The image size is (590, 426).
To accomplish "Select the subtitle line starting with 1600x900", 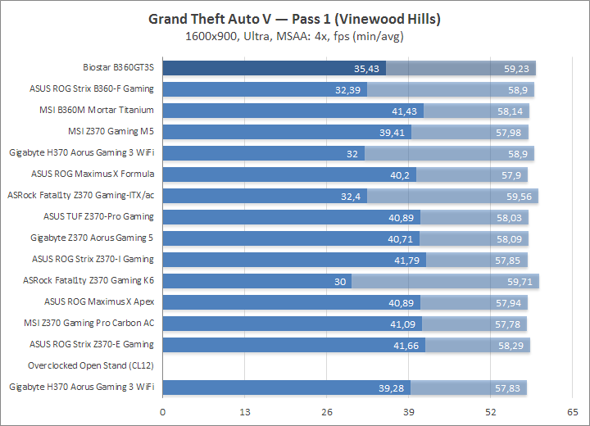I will coord(294,36).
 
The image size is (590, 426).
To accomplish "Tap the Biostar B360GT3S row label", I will coord(118,68).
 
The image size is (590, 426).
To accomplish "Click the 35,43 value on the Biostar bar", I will coord(367,69).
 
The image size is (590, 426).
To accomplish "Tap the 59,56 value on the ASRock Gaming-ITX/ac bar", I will coord(520,196).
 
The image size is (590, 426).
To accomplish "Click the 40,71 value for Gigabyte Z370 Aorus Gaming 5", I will coord(401,238).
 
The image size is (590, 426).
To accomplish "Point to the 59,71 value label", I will coord(522,280).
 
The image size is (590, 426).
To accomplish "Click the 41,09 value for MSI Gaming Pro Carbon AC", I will coord(403,323).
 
